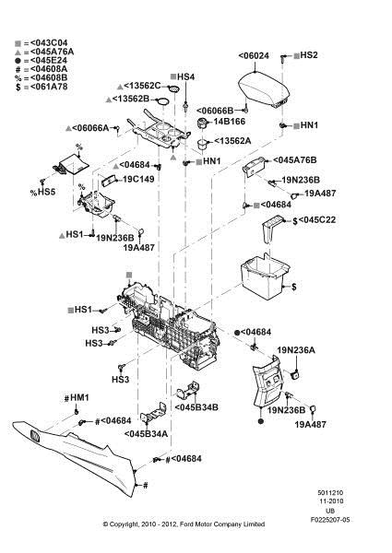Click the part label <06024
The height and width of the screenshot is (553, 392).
(254, 55)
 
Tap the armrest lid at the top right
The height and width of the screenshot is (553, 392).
(264, 88)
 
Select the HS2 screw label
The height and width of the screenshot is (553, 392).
(309, 55)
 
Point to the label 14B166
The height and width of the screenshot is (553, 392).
(230, 122)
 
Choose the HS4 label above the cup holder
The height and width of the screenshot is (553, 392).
(186, 76)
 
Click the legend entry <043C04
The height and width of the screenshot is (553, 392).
(49, 43)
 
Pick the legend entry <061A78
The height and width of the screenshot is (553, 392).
(49, 87)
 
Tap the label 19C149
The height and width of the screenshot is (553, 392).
(138, 179)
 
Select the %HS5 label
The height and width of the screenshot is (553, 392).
(42, 193)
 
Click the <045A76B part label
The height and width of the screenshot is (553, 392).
(295, 160)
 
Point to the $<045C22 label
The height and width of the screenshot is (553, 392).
(314, 220)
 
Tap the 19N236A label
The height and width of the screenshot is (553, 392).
(296, 350)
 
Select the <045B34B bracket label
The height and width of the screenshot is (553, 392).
(196, 407)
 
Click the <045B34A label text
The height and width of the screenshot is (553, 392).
(146, 434)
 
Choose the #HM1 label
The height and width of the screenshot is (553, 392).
(77, 398)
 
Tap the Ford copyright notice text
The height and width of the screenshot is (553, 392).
(184, 524)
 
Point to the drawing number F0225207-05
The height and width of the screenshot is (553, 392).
(330, 520)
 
